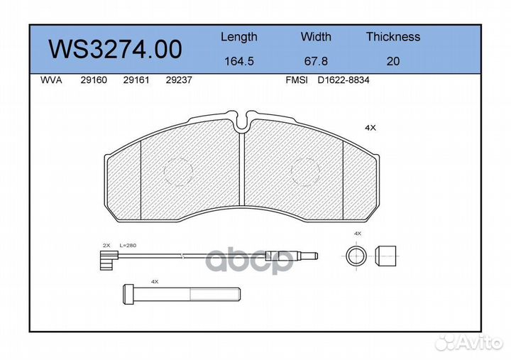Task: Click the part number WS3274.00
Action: click(114, 50)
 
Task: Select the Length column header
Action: click(238, 37)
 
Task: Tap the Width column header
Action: click(315, 37)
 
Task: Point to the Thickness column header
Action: click(392, 37)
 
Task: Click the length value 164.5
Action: click(238, 61)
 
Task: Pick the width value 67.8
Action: click(315, 61)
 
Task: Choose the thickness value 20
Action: click(392, 61)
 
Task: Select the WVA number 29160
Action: click(94, 81)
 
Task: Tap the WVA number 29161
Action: click(135, 81)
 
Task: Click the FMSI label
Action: click(296, 81)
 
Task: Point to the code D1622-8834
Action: click(344, 81)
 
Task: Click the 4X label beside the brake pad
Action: click(370, 128)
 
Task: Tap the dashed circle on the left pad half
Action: click(178, 171)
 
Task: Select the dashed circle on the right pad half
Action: click(307, 171)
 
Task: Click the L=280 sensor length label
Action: click(128, 245)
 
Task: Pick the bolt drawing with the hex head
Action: click(177, 293)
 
